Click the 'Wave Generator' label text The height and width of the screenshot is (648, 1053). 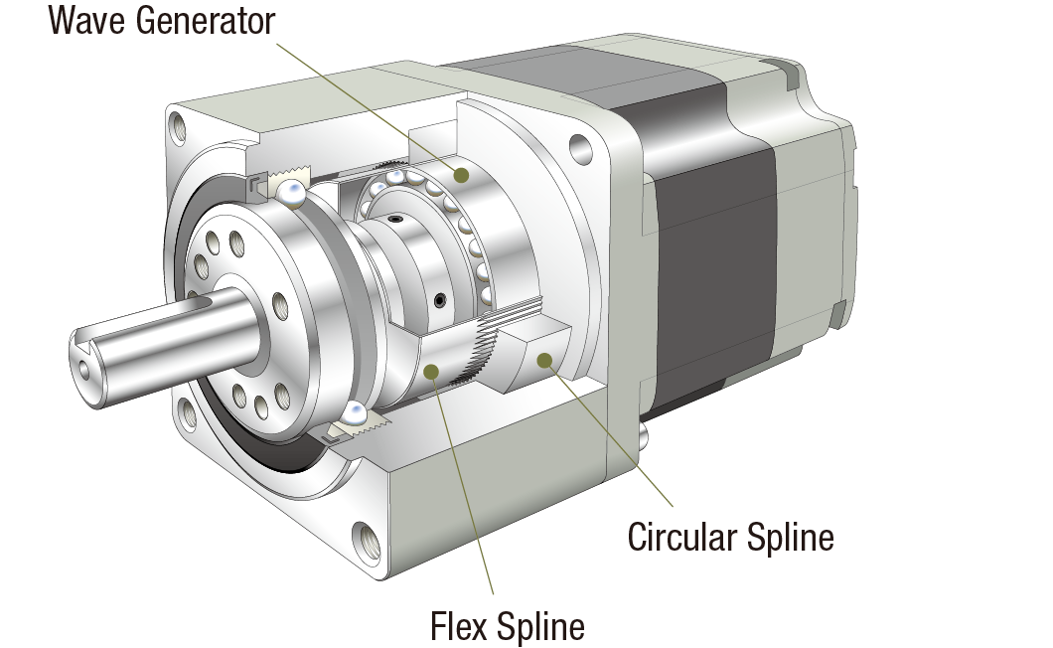click(162, 21)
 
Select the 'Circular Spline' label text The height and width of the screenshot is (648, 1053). click(730, 538)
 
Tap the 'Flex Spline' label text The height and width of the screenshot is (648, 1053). click(507, 627)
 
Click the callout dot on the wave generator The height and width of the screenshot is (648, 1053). click(462, 175)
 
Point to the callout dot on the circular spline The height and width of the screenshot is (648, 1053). click(543, 360)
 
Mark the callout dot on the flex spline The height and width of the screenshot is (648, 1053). click(430, 372)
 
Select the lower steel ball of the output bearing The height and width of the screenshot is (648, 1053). click(356, 415)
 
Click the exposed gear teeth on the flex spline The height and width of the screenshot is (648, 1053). click(478, 353)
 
